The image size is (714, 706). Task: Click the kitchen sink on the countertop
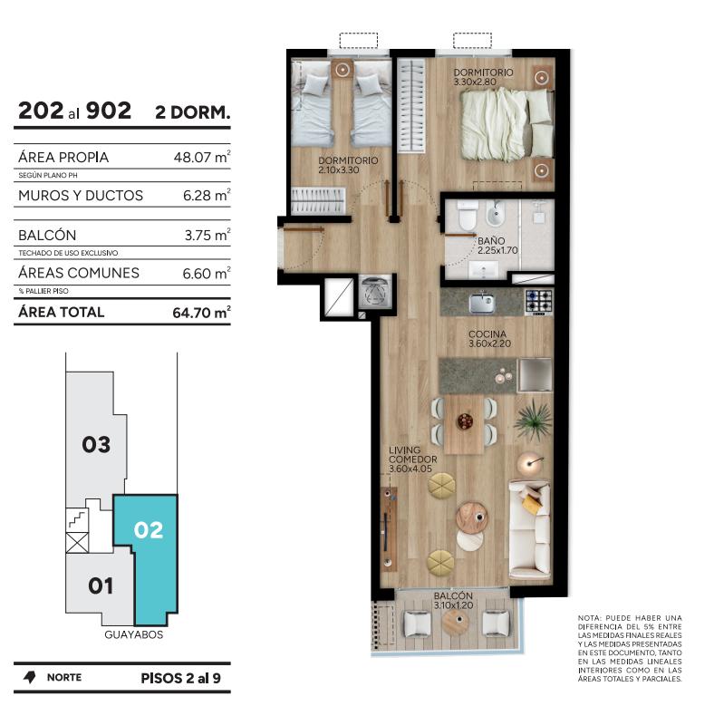coord(482,304)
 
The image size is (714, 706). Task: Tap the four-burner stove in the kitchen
coord(539,302)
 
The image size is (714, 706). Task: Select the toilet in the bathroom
coord(468,217)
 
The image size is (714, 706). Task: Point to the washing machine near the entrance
coord(376,292)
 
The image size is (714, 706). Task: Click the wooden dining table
coord(464,424)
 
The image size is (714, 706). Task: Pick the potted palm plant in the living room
coord(533,421)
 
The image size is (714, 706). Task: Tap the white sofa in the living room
coord(529,528)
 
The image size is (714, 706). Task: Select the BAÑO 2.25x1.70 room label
coord(497,245)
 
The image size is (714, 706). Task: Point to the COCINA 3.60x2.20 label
coord(489,339)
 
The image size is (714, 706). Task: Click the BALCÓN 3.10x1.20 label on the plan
coord(453,600)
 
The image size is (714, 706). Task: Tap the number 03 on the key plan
coord(96,445)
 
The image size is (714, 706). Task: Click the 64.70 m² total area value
coord(201,313)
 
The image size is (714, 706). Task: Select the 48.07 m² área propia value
coord(202,157)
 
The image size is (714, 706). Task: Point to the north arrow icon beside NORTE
coord(30,677)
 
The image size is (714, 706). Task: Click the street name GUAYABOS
coord(134,634)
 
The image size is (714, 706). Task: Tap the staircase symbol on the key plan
coord(77,519)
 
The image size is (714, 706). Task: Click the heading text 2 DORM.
coord(193,112)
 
